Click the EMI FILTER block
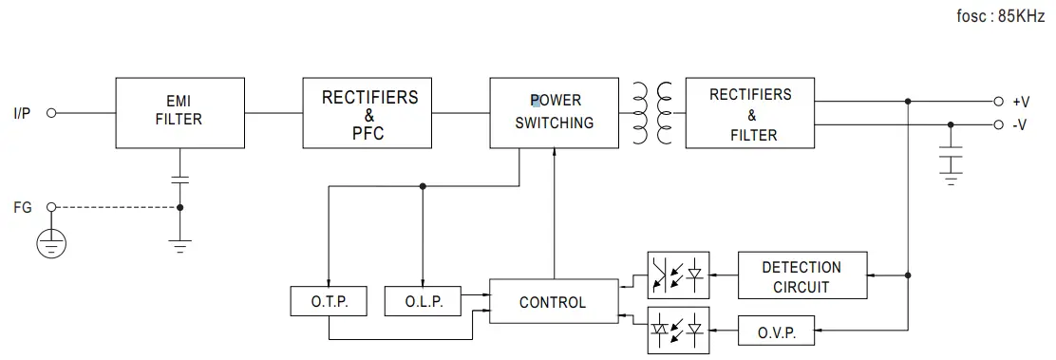(179, 112)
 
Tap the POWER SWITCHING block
(555, 112)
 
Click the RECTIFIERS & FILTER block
(749, 112)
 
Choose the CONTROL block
(552, 302)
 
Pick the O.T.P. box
(329, 302)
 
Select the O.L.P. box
(422, 302)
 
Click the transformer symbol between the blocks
(651, 112)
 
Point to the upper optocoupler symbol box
(678, 275)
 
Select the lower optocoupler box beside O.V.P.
(678, 330)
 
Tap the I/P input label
(22, 113)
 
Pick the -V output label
(1020, 124)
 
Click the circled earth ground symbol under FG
(51, 243)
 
